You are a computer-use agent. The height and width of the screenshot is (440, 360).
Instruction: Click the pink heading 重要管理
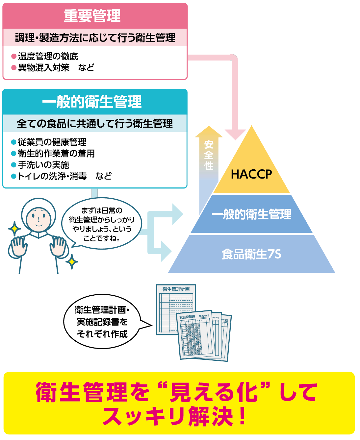point(92,16)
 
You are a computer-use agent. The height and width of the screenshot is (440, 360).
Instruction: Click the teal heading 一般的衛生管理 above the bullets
point(92,102)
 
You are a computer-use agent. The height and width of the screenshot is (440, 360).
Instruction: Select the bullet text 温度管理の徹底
point(48,56)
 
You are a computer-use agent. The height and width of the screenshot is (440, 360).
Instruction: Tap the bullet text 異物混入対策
point(43,67)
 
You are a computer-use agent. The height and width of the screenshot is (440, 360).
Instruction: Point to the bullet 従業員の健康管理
point(52,142)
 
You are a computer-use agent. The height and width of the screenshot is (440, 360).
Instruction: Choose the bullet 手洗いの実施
point(43,165)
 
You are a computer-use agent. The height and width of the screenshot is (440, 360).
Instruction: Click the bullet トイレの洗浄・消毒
point(52,176)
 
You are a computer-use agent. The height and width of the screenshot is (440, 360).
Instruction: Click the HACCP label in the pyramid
point(251,174)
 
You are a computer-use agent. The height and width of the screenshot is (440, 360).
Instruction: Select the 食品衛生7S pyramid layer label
point(251,254)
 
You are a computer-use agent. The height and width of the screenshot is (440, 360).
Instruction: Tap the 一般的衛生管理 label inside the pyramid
point(251,214)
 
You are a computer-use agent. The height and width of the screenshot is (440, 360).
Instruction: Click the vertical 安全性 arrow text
point(209,155)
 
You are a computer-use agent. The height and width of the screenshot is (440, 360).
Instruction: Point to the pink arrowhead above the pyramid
point(235,134)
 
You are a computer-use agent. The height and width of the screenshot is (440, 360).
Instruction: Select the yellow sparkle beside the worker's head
point(14,229)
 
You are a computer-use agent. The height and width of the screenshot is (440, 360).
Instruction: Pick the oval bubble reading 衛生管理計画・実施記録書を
point(102,322)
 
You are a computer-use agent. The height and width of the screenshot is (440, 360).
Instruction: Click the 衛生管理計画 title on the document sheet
point(176,289)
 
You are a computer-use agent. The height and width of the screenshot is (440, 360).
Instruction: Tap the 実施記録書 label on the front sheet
point(187,317)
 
